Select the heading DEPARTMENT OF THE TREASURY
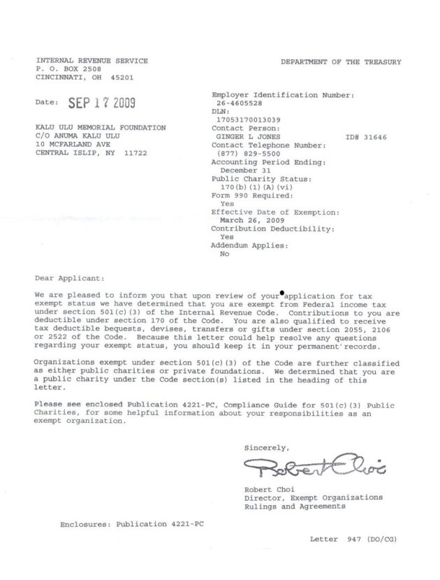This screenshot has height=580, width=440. click(341, 62)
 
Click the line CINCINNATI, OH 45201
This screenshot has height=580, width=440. click(86, 78)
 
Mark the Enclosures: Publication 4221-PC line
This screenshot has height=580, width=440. click(124, 522)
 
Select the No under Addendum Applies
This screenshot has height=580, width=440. click(224, 254)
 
